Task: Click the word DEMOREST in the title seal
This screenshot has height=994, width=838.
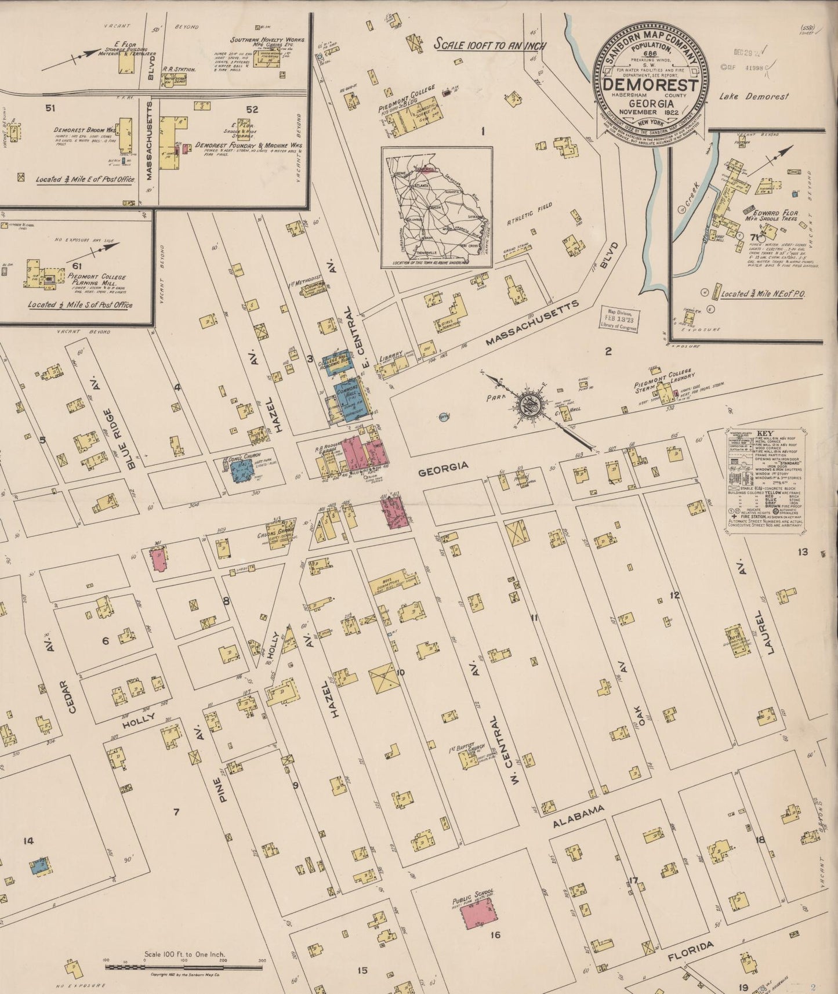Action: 651,85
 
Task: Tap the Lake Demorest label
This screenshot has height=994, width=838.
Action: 753,97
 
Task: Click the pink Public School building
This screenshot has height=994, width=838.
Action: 478,918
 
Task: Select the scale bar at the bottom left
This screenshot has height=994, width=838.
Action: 183,966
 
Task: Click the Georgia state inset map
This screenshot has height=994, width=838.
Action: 436,207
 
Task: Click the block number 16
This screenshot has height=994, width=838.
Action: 495,934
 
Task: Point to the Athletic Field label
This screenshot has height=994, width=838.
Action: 529,213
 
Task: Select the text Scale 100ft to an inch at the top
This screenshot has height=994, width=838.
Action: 490,45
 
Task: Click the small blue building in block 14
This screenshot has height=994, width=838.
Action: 39,865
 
